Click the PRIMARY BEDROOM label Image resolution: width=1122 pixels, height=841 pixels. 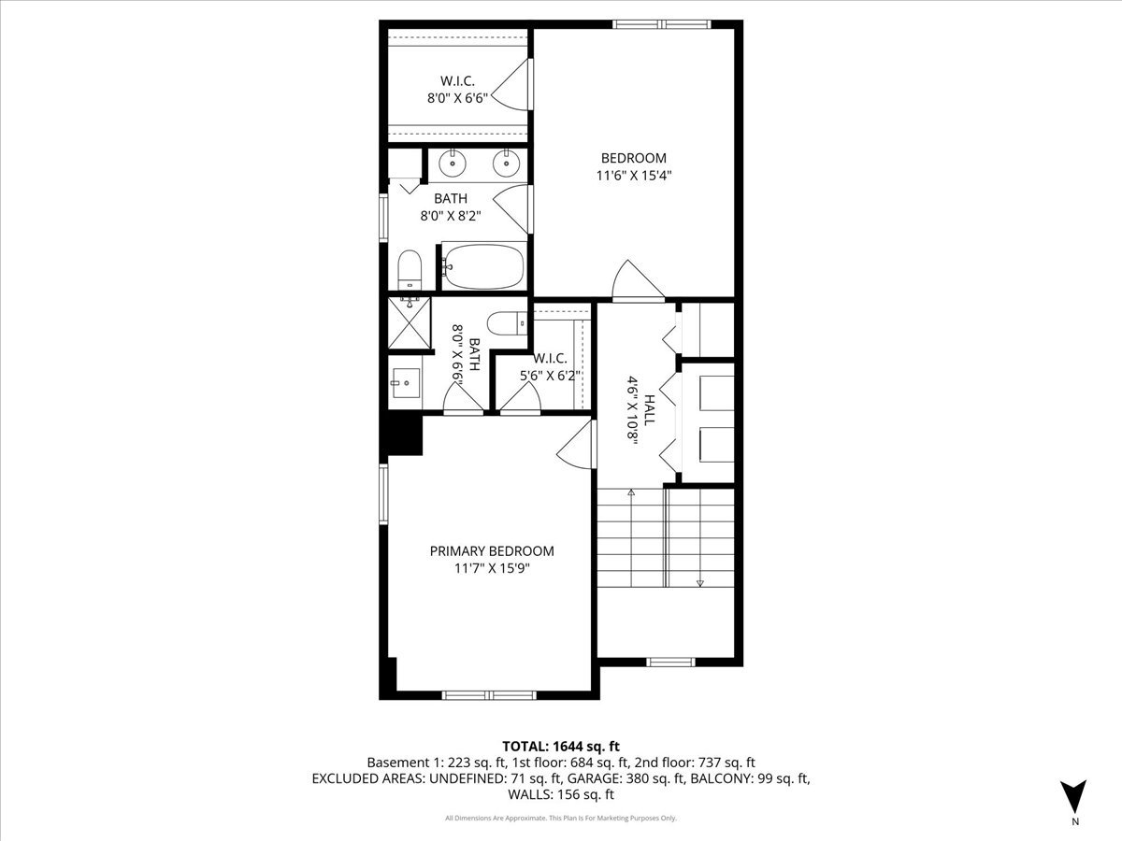tap(492, 551)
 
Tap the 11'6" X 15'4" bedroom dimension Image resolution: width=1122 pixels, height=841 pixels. tap(634, 175)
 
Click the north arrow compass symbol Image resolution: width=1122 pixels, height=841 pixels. tap(1074, 797)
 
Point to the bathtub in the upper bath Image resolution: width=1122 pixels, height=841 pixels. tap(482, 266)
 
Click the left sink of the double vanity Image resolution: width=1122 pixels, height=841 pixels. tap(453, 164)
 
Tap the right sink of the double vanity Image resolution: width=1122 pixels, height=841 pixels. tap(506, 164)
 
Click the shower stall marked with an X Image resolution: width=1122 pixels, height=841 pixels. tap(410, 324)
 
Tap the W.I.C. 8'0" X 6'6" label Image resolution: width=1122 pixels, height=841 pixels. tap(459, 89)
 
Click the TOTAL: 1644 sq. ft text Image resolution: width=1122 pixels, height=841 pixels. tap(561, 746)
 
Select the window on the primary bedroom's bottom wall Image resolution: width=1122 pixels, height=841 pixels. tap(488, 695)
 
